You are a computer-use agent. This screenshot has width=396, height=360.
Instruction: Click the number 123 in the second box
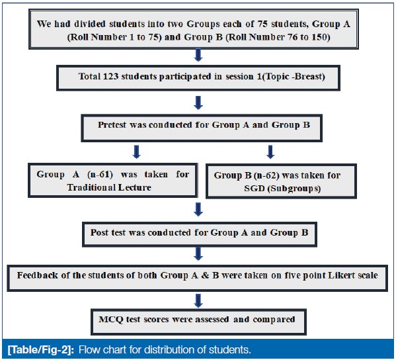(110, 76)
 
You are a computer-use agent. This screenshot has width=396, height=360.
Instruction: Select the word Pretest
(112, 125)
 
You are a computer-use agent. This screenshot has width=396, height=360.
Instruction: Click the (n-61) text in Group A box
(100, 175)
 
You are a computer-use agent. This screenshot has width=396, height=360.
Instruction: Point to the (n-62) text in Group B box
(266, 175)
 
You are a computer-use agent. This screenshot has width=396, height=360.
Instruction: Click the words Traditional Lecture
(109, 187)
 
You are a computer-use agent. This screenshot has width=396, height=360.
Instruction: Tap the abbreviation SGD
(255, 189)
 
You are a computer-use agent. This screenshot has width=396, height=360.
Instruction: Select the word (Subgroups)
(294, 189)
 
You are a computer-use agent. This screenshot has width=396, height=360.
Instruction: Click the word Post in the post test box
(99, 232)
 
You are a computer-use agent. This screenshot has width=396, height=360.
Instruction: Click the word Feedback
(38, 275)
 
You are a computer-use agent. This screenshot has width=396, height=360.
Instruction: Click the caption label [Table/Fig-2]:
(41, 350)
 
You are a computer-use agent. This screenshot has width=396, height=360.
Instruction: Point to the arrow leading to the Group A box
(136, 152)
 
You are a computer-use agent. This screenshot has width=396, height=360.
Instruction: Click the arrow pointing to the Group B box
(270, 152)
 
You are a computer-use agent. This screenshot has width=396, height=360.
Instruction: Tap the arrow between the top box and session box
(198, 55)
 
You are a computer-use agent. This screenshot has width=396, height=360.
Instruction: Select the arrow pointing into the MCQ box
(198, 300)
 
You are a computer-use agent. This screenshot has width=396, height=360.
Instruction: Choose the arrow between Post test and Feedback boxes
(198, 253)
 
